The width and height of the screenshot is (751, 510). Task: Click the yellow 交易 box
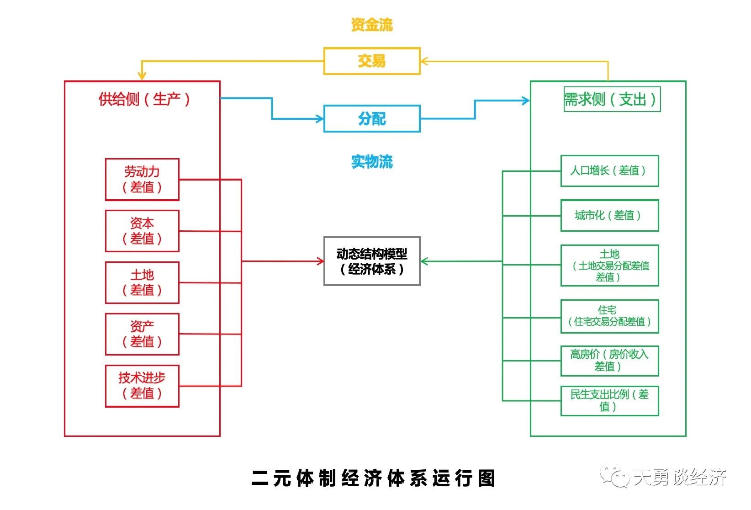(x=371, y=61)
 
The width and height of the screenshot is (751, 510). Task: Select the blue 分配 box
(x=371, y=119)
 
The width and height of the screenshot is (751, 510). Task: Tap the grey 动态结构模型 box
(x=371, y=261)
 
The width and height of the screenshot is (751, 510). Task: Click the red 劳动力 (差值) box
(x=142, y=180)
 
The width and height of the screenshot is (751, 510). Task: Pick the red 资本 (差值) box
(x=142, y=231)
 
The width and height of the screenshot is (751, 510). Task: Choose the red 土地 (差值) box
(x=142, y=283)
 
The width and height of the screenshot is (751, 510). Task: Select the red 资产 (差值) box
(x=142, y=334)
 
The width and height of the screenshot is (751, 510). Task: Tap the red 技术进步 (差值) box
(x=142, y=386)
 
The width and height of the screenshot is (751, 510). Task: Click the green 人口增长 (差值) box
(x=609, y=171)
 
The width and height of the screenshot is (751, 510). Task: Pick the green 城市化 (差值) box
(x=609, y=216)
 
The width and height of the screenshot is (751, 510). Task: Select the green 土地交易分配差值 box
(x=609, y=266)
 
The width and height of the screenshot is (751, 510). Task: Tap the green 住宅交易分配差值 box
(x=609, y=316)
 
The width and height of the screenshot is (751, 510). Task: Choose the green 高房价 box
(x=609, y=361)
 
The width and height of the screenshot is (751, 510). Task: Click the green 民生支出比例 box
(x=609, y=401)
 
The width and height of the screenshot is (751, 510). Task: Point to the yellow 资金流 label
(x=371, y=25)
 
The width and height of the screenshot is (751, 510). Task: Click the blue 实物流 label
(x=371, y=162)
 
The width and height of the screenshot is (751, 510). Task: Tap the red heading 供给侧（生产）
(x=144, y=99)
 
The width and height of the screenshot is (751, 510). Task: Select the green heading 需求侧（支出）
(x=612, y=99)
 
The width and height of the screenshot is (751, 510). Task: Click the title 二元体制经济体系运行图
(x=374, y=478)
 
